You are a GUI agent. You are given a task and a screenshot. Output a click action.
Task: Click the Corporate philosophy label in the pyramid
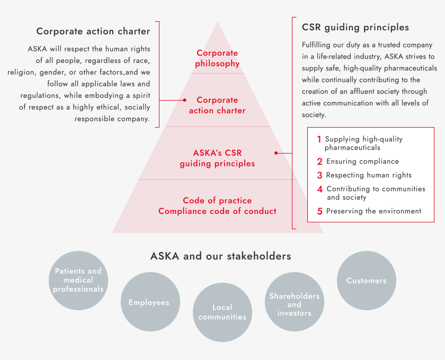pos(217,58)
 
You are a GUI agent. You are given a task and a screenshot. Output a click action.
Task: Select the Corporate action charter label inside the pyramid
pos(217,105)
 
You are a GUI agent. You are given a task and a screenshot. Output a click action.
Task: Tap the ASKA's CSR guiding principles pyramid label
pos(217,158)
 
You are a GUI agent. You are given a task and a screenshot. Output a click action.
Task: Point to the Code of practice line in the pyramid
pos(217,201)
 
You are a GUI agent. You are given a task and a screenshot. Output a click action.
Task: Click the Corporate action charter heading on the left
pos(93,31)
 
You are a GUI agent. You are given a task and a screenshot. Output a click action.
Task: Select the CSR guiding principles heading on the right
pos(355,27)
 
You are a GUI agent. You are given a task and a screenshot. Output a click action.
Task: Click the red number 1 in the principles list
pos(319,139)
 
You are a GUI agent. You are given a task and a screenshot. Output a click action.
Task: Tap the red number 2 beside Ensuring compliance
pos(320,161)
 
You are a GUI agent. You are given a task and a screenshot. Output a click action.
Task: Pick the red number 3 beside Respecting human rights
pos(320,175)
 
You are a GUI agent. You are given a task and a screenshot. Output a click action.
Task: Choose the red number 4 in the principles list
pos(320,189)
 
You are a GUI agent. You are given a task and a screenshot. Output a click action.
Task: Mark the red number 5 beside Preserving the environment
pos(320,211)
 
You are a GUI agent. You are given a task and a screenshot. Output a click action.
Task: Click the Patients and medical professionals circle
pos(78,280)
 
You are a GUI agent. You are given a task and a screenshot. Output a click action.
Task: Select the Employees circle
pos(150,302)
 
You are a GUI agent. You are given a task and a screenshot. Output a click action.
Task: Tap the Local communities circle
pos(222,312)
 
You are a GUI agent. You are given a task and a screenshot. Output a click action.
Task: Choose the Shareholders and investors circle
pos(295,302)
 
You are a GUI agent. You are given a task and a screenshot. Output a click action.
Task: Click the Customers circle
pos(367,280)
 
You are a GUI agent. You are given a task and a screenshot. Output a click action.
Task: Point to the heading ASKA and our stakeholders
pos(221,256)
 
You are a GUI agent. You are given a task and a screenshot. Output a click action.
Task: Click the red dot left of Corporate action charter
pos(185,100)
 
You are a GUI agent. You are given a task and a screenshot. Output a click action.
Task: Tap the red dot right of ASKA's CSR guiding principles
pos(276,153)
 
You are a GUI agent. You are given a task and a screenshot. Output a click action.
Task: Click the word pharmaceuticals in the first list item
pos(352,148)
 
